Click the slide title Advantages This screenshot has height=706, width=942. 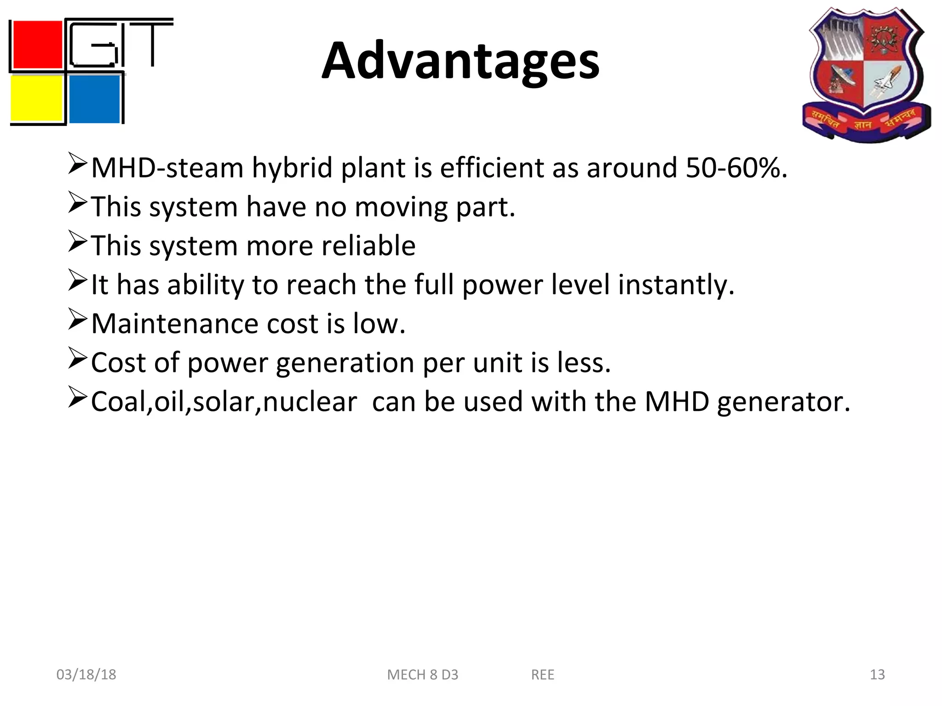point(460,61)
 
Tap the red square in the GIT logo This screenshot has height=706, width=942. point(37,45)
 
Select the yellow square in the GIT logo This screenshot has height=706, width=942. point(36,98)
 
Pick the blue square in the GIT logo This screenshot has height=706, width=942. point(94,99)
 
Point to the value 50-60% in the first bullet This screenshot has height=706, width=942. point(736,168)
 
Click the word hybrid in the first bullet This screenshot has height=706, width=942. point(292,169)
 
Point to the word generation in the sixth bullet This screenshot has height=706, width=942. point(345,364)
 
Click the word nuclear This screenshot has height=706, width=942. point(310,402)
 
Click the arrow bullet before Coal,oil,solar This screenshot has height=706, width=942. point(77,397)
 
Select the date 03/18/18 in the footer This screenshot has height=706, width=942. point(86,674)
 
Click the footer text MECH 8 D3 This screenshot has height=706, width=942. point(423,675)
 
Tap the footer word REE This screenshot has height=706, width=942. point(543,675)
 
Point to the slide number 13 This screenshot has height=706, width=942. point(877,674)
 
